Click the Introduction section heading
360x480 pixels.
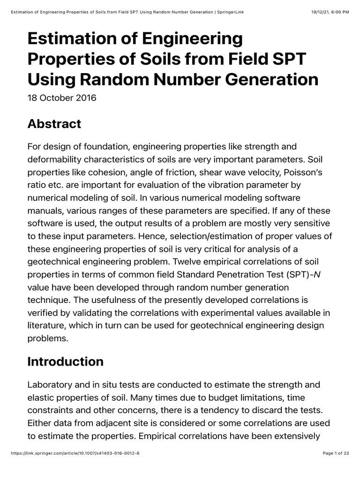click(65, 361)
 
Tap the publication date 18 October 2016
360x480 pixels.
click(62, 98)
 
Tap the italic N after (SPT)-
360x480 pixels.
click(317, 274)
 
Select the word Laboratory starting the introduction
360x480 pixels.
click(48, 385)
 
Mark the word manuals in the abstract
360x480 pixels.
click(45, 211)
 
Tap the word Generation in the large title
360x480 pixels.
click(267, 79)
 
